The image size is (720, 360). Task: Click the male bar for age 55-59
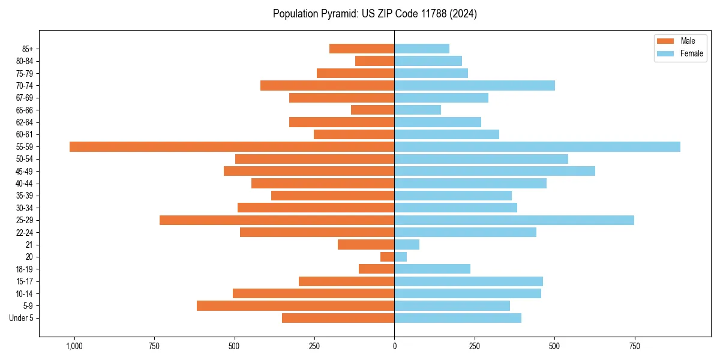[x=232, y=146]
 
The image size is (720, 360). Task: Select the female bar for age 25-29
[x=514, y=220]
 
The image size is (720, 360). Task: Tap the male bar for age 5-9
[x=295, y=306]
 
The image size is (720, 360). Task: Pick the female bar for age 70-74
[x=475, y=86]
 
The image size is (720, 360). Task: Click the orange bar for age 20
[x=387, y=257]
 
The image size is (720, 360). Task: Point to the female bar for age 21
[x=407, y=245]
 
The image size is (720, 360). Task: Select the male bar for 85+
[x=362, y=49]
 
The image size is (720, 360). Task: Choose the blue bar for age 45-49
[x=494, y=171]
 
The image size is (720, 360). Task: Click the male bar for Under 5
[x=338, y=318]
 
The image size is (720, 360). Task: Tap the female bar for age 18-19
[x=432, y=269]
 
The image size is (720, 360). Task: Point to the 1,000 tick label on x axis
[x=74, y=346]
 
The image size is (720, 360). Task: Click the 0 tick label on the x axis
[x=394, y=346]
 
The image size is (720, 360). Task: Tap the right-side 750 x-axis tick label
[x=634, y=346]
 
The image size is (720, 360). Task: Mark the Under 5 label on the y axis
[x=21, y=318]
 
